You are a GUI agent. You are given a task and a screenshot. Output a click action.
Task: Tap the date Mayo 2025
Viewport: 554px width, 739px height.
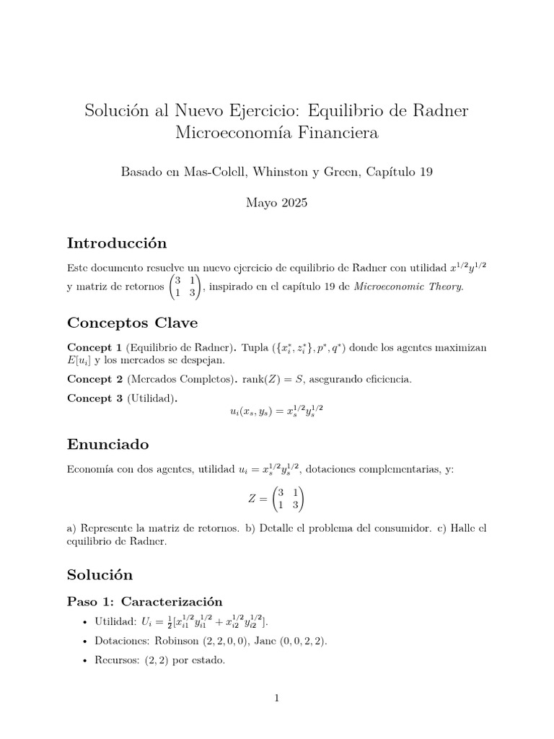coord(277,203)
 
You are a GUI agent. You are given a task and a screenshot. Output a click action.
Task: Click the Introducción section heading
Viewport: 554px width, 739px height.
coord(117,242)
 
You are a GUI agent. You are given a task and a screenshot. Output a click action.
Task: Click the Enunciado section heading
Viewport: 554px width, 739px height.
coord(108,443)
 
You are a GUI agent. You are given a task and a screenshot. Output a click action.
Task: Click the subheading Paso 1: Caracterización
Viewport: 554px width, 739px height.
coord(144,601)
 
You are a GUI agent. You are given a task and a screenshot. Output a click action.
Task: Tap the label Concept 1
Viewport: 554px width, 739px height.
coord(94,348)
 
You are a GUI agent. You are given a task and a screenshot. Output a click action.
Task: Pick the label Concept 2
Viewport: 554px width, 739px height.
coord(94,379)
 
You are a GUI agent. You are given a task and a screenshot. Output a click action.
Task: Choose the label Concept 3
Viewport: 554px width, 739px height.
coord(94,398)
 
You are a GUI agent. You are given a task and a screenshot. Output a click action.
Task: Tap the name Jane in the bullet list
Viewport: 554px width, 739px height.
coord(270,640)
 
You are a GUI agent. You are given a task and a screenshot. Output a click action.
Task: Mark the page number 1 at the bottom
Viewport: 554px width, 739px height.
coord(277,698)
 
